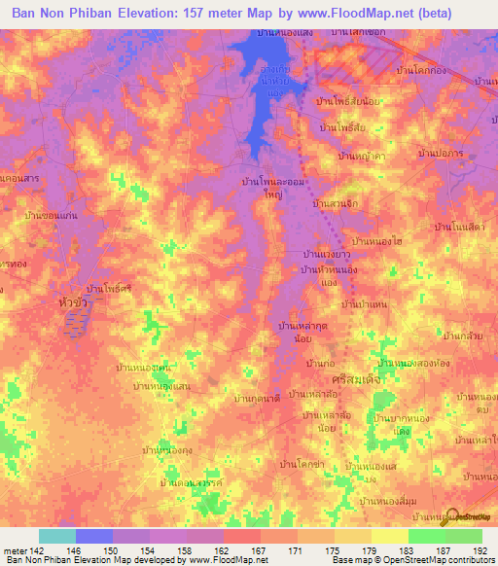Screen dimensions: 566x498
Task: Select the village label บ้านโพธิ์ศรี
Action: tap(109, 289)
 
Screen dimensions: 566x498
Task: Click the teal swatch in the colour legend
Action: tap(56, 536)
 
